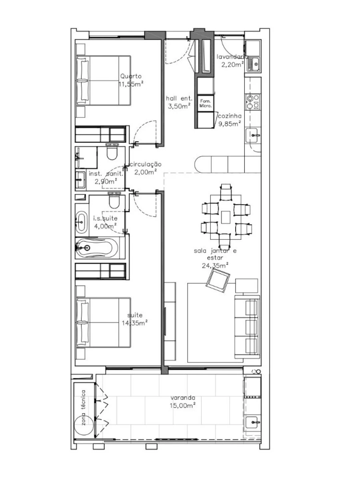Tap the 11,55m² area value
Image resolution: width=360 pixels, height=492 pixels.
[131, 84]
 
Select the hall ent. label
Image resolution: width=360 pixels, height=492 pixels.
[179, 98]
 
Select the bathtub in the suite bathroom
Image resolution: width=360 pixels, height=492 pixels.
[96, 247]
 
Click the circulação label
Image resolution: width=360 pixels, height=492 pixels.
[145, 165]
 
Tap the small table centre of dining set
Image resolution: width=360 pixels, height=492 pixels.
[226, 217]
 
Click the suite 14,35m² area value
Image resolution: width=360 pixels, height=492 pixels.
[135, 323]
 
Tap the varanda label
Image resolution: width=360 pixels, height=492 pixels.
[183, 398]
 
